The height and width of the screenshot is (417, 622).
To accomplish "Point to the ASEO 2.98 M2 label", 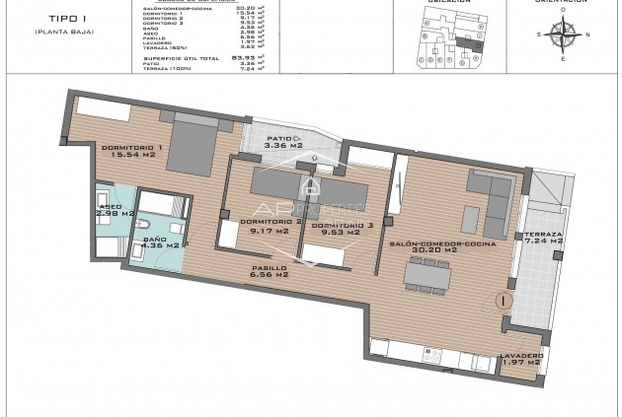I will click(114, 209).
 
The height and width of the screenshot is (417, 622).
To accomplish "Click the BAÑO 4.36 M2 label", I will click(160, 242).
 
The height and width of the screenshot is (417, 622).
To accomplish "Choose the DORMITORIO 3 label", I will click(342, 230).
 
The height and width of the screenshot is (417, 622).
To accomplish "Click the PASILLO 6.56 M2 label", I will click(268, 271).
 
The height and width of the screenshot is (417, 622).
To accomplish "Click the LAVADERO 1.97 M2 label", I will click(519, 359).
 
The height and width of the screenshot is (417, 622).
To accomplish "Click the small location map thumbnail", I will click(438, 33).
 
